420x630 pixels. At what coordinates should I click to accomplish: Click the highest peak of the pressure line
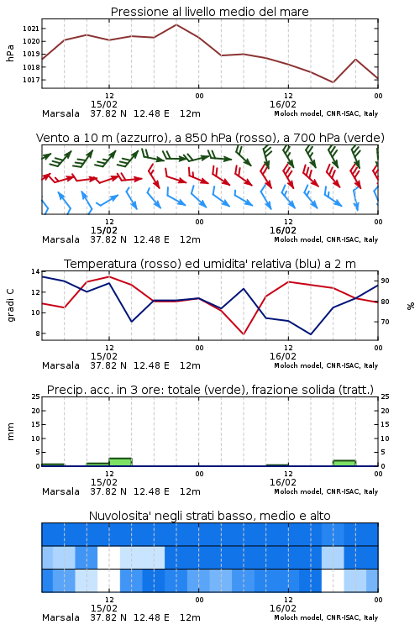[x=176, y=24]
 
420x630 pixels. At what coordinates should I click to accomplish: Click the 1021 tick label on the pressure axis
[x=30, y=29]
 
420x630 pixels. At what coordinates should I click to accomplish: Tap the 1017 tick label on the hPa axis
[x=30, y=80]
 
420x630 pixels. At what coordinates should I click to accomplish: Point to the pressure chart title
[x=209, y=12]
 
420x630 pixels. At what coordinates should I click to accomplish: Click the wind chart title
[x=210, y=138]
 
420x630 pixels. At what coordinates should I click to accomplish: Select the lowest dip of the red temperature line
[x=244, y=333]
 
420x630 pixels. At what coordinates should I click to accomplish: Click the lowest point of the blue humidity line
[x=310, y=334]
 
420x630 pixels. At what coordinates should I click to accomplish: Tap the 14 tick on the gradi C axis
[x=36, y=271]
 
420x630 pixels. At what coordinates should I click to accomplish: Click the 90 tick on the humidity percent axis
[x=385, y=281]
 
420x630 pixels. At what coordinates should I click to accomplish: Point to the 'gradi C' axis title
[x=11, y=305]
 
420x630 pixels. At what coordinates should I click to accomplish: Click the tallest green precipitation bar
[x=120, y=462]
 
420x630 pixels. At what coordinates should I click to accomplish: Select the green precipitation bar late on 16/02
[x=344, y=463]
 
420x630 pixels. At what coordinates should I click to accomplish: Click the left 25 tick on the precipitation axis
[x=36, y=396]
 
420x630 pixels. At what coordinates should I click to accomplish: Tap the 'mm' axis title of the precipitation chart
[x=11, y=432]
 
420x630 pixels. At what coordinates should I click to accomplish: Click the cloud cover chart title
[x=209, y=516]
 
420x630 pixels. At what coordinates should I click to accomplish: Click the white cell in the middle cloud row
[x=108, y=557]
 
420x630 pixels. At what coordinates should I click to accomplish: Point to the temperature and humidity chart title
[x=210, y=264]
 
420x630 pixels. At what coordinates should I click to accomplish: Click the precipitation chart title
[x=210, y=390]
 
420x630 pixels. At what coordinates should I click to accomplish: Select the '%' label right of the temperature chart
[x=411, y=306]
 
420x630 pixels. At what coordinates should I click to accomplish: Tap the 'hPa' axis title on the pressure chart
[x=10, y=53]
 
